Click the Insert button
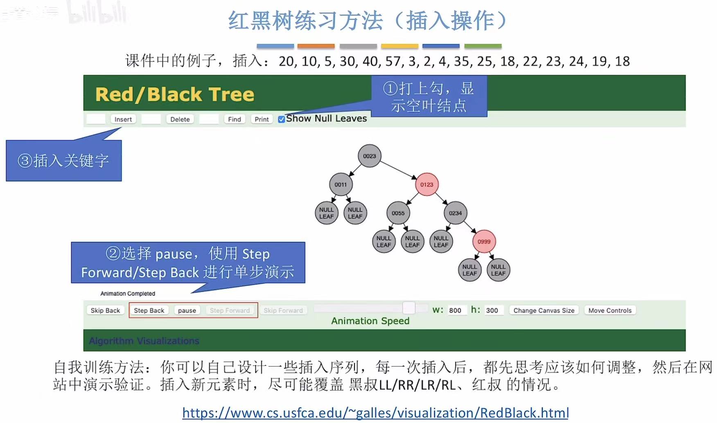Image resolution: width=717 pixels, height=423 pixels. point(123,119)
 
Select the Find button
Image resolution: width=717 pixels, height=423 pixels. point(234,119)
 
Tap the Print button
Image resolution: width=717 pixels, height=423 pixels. point(262,119)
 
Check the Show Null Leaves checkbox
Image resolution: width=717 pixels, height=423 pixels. point(282,119)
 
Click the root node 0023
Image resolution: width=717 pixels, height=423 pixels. point(369,156)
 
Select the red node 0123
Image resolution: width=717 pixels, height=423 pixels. point(426,184)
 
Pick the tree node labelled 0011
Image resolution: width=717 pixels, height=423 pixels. point(340,184)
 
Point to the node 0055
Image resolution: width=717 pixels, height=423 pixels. point(398,213)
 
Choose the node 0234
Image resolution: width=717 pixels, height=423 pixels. point(455,213)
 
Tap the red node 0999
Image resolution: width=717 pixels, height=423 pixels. point(484,242)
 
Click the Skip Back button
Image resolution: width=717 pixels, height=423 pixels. point(105,310)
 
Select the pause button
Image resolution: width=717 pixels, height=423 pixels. point(187,310)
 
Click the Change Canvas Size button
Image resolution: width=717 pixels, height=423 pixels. point(544,310)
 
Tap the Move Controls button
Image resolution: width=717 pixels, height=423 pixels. point(610,310)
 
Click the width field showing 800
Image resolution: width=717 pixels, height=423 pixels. point(455,310)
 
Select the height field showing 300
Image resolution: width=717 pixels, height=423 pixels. point(492,310)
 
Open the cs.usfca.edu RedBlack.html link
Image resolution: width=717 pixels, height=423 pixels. point(375,413)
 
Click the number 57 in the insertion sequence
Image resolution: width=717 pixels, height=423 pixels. point(393,61)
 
